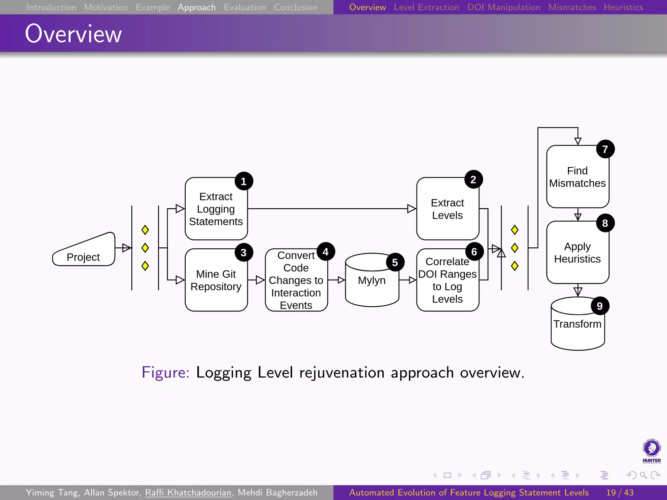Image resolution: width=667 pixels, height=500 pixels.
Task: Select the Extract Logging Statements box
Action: coord(216,209)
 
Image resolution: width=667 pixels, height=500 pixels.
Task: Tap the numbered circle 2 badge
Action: coord(473,179)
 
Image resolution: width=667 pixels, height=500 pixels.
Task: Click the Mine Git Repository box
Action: coord(216,280)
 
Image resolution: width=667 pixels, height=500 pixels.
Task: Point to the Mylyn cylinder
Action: coord(372,281)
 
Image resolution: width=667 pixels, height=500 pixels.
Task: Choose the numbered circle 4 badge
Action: coord(325,252)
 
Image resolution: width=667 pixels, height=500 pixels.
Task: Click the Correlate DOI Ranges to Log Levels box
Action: coord(447,280)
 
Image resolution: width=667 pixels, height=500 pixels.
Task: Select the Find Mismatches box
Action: coord(577,177)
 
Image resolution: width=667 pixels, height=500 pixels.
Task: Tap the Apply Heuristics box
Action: coord(577,253)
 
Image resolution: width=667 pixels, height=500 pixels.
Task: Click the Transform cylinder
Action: coord(577,329)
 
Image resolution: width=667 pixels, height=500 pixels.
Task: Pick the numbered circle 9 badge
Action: coord(600,306)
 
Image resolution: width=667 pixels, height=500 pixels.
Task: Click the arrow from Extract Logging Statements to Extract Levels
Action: coord(329,209)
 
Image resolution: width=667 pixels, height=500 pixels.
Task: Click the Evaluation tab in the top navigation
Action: coord(245,7)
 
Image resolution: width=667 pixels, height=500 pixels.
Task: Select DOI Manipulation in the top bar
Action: coord(504,7)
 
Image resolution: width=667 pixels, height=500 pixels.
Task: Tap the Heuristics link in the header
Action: coord(623,7)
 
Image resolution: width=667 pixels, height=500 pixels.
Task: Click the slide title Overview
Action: coord(73,34)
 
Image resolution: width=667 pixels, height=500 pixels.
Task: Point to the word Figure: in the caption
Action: coord(165,372)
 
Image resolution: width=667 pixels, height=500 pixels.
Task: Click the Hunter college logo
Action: coord(651,451)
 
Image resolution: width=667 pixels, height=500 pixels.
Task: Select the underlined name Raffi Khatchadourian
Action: coord(188,493)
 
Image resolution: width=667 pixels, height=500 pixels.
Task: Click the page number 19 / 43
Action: coord(620,493)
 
